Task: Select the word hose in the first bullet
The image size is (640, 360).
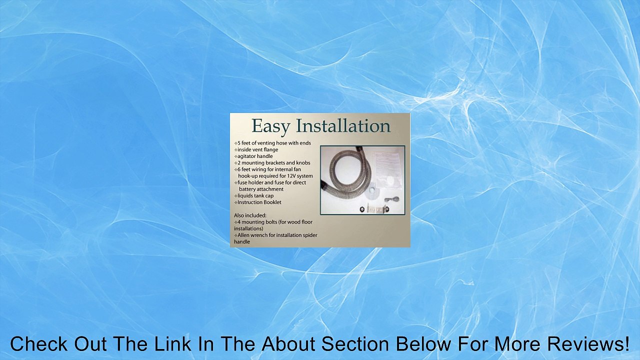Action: pyautogui.click(x=281, y=143)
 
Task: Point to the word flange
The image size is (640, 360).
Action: pyautogui.click(x=271, y=149)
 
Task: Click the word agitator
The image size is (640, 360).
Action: pyautogui.click(x=247, y=156)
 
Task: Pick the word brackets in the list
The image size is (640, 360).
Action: pyautogui.click(x=275, y=163)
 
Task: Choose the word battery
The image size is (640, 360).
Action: pyautogui.click(x=247, y=189)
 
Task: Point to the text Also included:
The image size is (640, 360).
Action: pyautogui.click(x=250, y=215)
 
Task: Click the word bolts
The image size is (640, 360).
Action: pyautogui.click(x=264, y=222)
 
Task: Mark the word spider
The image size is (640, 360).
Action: pyautogui.click(x=309, y=235)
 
